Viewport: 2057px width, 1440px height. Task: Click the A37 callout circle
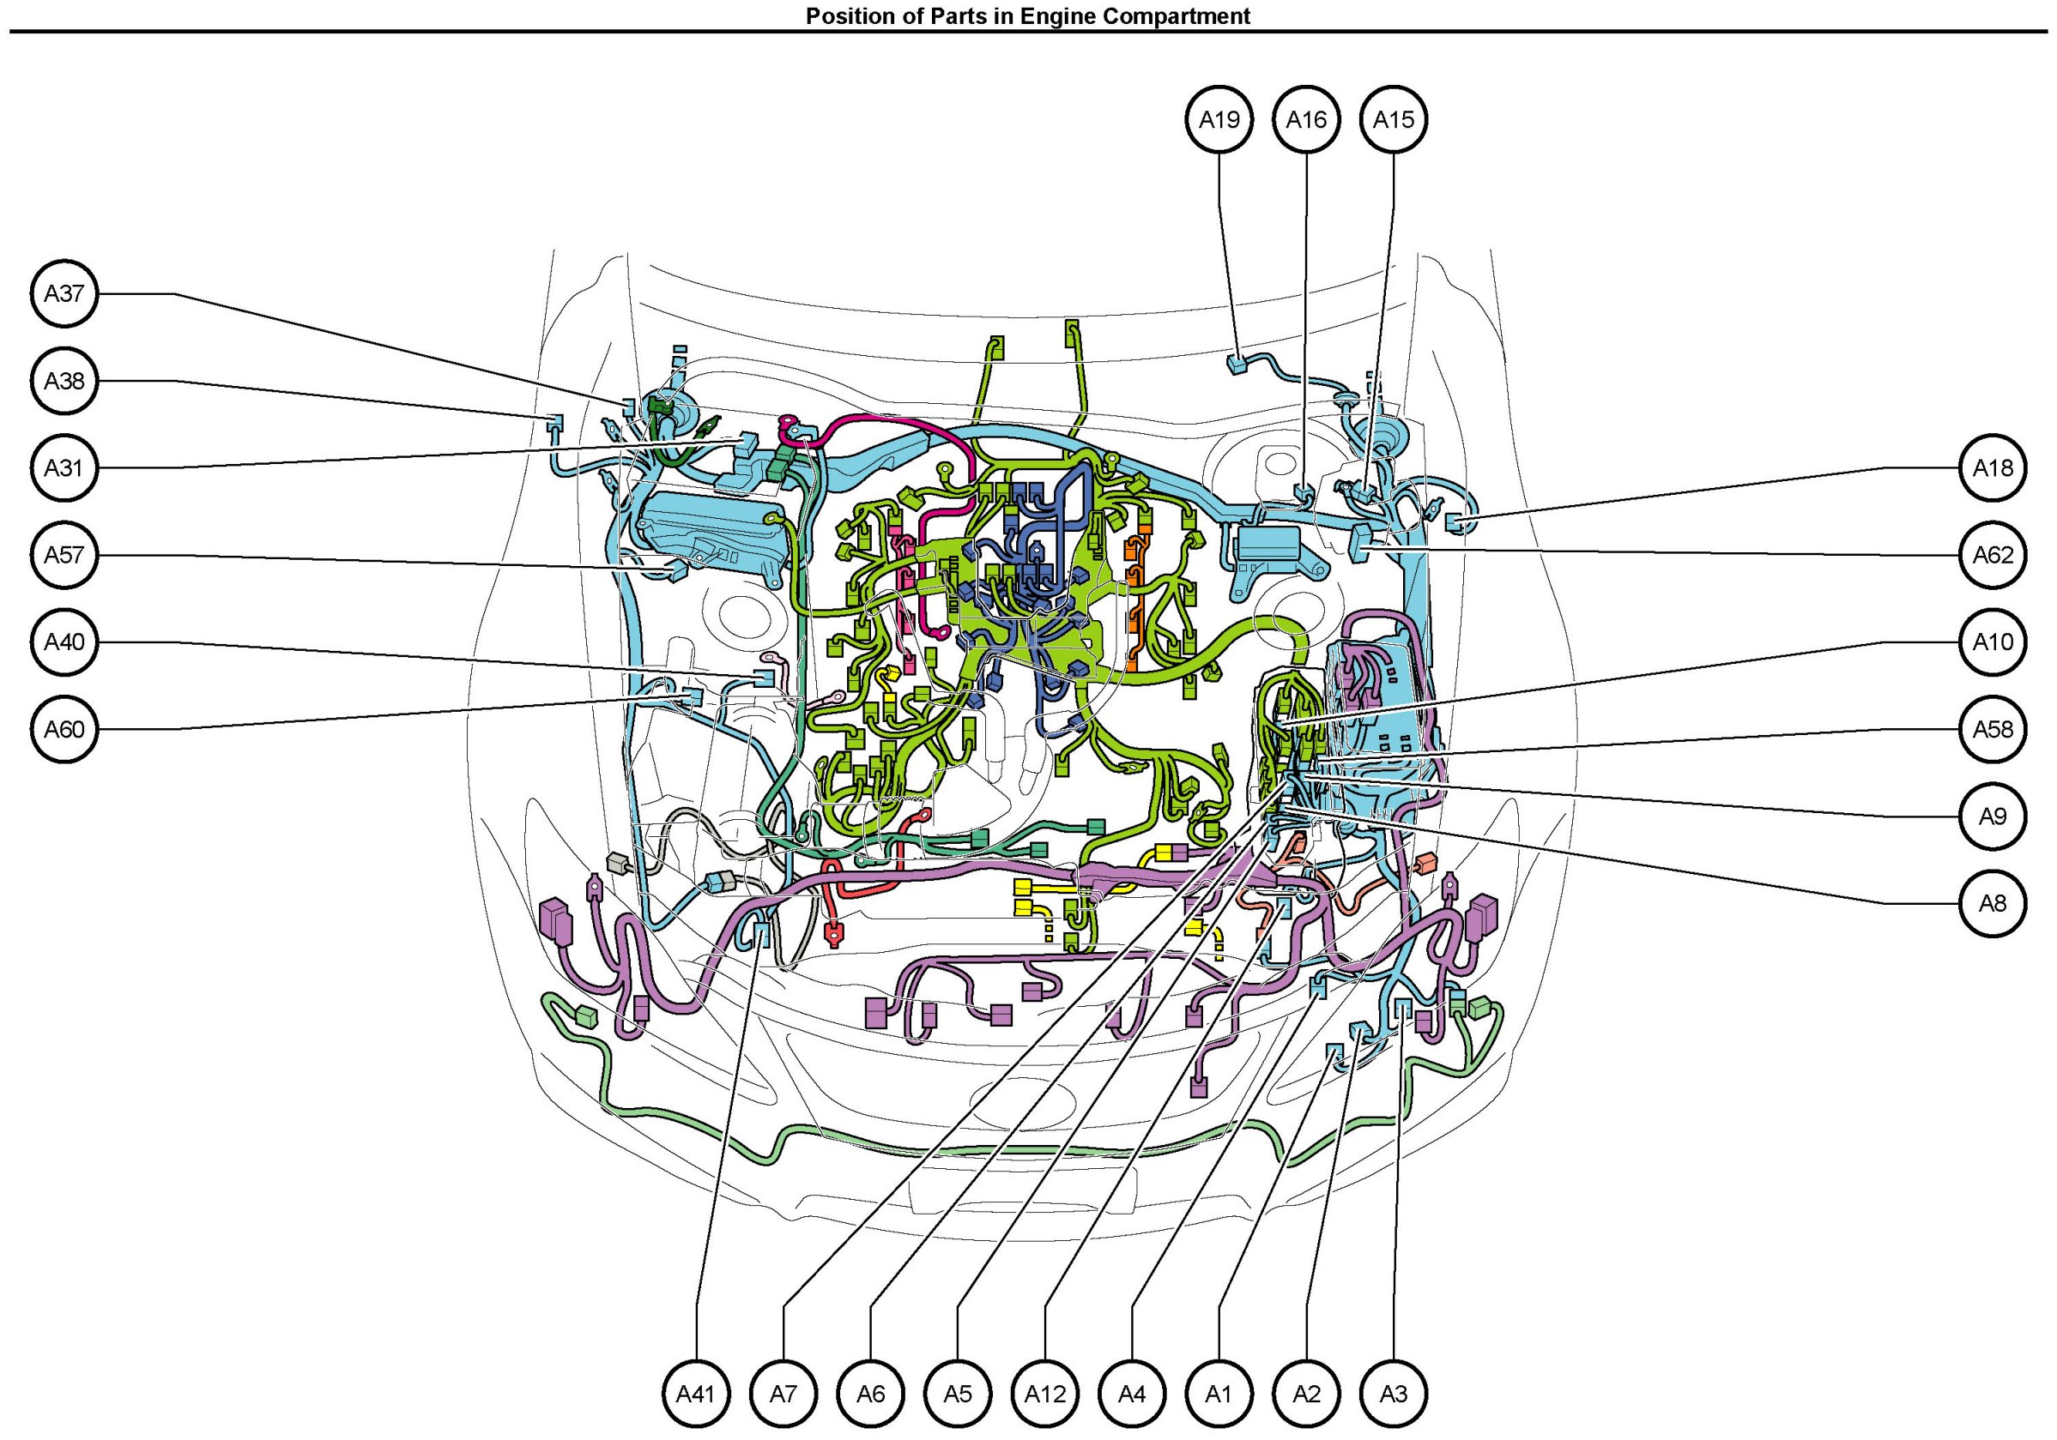pyautogui.click(x=64, y=293)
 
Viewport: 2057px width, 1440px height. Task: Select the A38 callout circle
pyautogui.click(x=64, y=381)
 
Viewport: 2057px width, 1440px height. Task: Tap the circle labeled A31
pyautogui.click(x=64, y=467)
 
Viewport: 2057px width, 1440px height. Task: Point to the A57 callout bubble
pyautogui.click(x=64, y=555)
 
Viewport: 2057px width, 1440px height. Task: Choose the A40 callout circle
pyautogui.click(x=64, y=642)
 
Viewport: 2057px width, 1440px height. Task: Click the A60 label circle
pyautogui.click(x=64, y=729)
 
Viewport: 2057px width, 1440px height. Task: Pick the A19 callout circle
pyautogui.click(x=1219, y=119)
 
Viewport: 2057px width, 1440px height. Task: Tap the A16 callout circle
pyautogui.click(x=1306, y=119)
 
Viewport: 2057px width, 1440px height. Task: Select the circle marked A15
pyautogui.click(x=1394, y=119)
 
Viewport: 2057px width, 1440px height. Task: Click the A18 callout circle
pyautogui.click(x=1993, y=467)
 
